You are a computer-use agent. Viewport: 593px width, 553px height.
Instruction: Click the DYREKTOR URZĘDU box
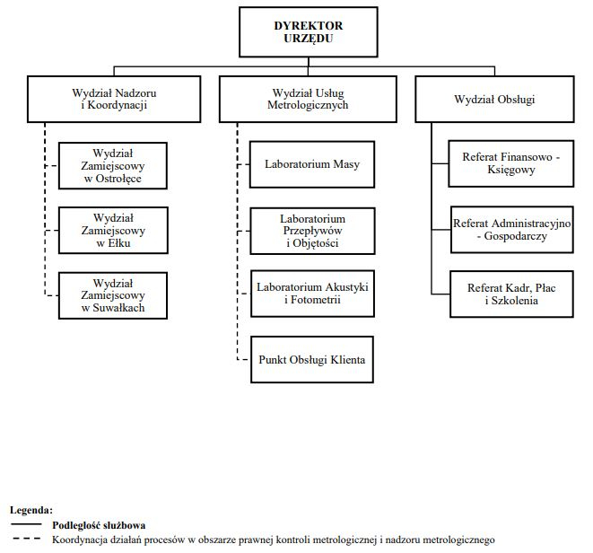tap(309, 32)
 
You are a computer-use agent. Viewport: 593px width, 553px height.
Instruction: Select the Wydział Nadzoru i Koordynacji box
tap(114, 99)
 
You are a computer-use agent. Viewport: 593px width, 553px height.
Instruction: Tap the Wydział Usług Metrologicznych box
tap(308, 99)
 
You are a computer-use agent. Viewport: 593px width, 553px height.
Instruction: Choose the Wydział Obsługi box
tap(494, 99)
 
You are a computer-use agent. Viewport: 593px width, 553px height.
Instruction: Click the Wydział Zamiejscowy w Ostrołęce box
tap(113, 166)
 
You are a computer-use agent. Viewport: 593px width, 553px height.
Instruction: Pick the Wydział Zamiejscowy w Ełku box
tap(113, 231)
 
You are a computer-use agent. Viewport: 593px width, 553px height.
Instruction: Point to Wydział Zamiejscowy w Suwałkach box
tap(113, 295)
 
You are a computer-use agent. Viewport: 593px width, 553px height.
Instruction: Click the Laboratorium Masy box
tap(312, 164)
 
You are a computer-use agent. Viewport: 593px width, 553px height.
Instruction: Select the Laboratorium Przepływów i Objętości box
tap(312, 231)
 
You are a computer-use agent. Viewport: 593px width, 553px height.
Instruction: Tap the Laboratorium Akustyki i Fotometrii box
tap(312, 294)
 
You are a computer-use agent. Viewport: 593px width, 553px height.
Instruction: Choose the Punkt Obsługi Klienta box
tap(312, 360)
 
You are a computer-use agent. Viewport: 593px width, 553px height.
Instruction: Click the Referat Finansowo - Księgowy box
tap(511, 163)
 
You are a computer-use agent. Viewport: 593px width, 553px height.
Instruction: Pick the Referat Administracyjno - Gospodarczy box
tap(512, 230)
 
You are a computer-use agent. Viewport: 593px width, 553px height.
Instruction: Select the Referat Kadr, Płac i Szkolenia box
tap(511, 294)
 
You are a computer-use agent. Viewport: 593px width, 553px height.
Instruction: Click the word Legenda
tap(31, 510)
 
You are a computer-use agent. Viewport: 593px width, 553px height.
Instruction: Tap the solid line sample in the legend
tap(26, 524)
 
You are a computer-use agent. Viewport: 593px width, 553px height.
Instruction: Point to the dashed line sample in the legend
tap(27, 538)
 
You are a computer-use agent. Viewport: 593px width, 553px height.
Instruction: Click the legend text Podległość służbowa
tap(99, 525)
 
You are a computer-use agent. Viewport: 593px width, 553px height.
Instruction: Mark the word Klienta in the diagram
tap(348, 360)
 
